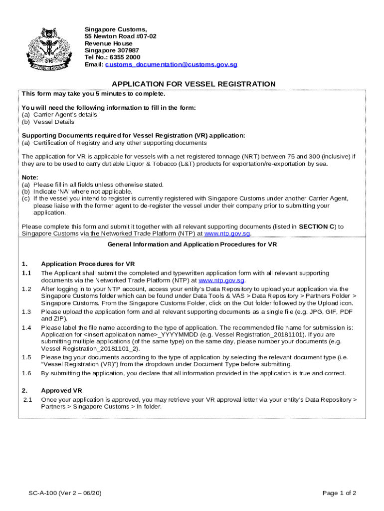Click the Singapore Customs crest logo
click(48, 48)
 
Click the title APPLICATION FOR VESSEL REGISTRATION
click(193, 84)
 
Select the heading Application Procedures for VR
click(88, 264)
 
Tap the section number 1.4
click(26, 328)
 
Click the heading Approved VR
click(61, 391)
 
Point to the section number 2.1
click(27, 400)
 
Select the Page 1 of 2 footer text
click(339, 494)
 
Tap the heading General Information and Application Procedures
click(192, 245)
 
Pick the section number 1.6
click(26, 373)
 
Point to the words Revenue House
click(108, 43)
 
